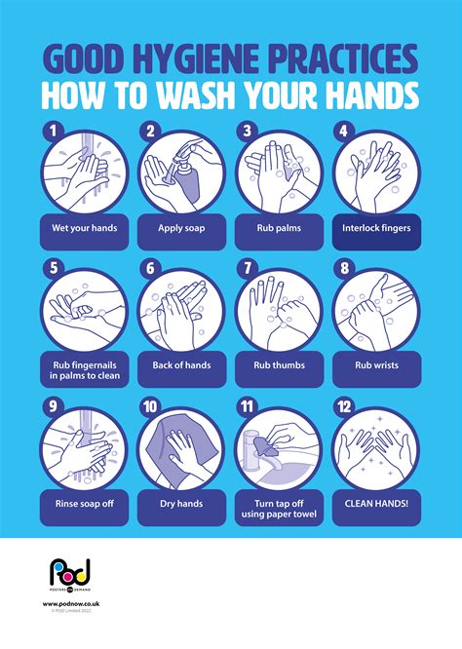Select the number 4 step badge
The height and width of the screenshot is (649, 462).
click(341, 129)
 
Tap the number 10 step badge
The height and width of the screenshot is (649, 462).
click(148, 405)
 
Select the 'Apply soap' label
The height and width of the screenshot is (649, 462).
click(181, 230)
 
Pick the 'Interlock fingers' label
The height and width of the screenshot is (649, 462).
click(376, 230)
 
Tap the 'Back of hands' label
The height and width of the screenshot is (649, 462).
click(181, 365)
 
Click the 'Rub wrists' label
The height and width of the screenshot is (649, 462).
click(376, 365)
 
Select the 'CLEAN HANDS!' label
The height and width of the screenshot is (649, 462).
click(376, 504)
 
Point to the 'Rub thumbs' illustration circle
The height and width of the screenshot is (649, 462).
click(279, 310)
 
